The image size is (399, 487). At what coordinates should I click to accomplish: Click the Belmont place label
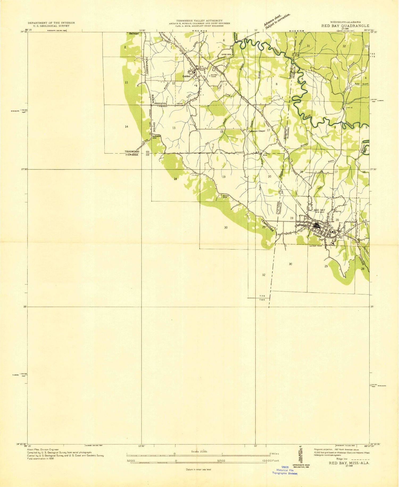coord(134,34)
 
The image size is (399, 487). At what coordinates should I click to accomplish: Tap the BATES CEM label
coord(225,196)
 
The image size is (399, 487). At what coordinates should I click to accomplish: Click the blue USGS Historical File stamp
coord(285,470)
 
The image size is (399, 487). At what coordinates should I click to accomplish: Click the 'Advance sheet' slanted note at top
coord(277,21)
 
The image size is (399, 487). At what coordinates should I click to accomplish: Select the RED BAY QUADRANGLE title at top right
coord(345,26)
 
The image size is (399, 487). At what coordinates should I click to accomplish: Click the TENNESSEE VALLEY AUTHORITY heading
coord(199,20)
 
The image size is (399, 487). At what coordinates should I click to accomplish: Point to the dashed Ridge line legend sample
coord(360,459)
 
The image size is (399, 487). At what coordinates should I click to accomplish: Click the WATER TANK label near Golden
coord(214,76)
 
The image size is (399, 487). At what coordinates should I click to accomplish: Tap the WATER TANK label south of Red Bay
coord(315,246)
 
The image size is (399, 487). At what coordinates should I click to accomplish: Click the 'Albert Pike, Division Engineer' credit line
coord(43,449)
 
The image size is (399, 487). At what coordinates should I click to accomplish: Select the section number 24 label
coord(175,179)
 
